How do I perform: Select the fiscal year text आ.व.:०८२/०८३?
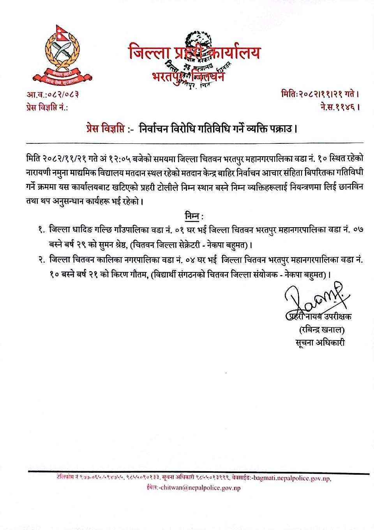(50, 94)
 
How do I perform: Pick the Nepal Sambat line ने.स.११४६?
(337, 106)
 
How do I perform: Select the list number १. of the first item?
(41, 231)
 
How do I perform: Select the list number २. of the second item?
(41, 259)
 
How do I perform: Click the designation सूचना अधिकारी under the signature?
(320, 343)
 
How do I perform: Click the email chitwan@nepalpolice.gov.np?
(201, 488)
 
